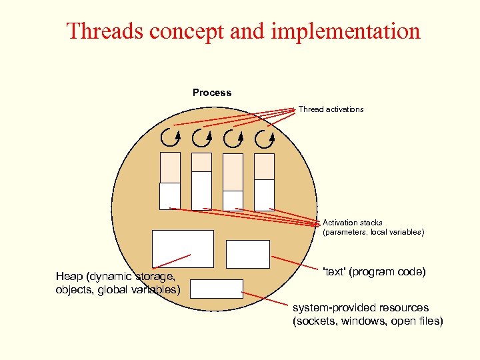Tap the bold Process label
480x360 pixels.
point(212,93)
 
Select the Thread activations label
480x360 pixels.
point(331,109)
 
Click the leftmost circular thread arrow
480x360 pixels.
point(170,139)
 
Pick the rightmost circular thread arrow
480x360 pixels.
point(265,139)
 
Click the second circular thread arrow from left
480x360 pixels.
point(202,139)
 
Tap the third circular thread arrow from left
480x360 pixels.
point(233,139)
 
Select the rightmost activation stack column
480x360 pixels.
point(265,181)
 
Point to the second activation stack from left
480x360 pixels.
point(201,181)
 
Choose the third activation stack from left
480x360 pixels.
point(233,181)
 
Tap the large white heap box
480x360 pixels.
point(183,249)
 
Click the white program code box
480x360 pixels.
point(247,254)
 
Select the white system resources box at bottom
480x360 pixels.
point(216,288)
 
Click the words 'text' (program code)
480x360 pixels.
point(373,272)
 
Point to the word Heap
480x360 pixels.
point(69,276)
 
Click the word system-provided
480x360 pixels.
point(334,308)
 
